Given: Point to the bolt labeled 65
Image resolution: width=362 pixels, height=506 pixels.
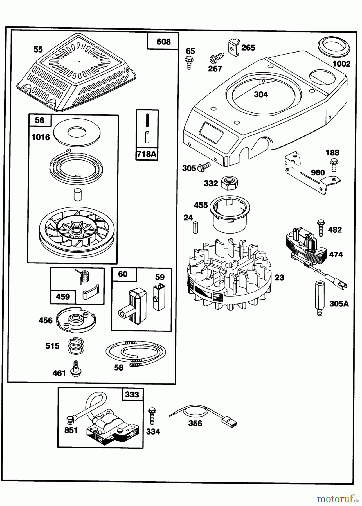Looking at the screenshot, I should (188, 62).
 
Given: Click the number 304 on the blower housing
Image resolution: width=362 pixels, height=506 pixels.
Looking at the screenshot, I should (261, 94).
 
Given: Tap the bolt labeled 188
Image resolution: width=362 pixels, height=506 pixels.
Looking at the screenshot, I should (334, 164).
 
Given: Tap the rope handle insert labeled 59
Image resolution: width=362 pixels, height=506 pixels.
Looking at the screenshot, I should (159, 298).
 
